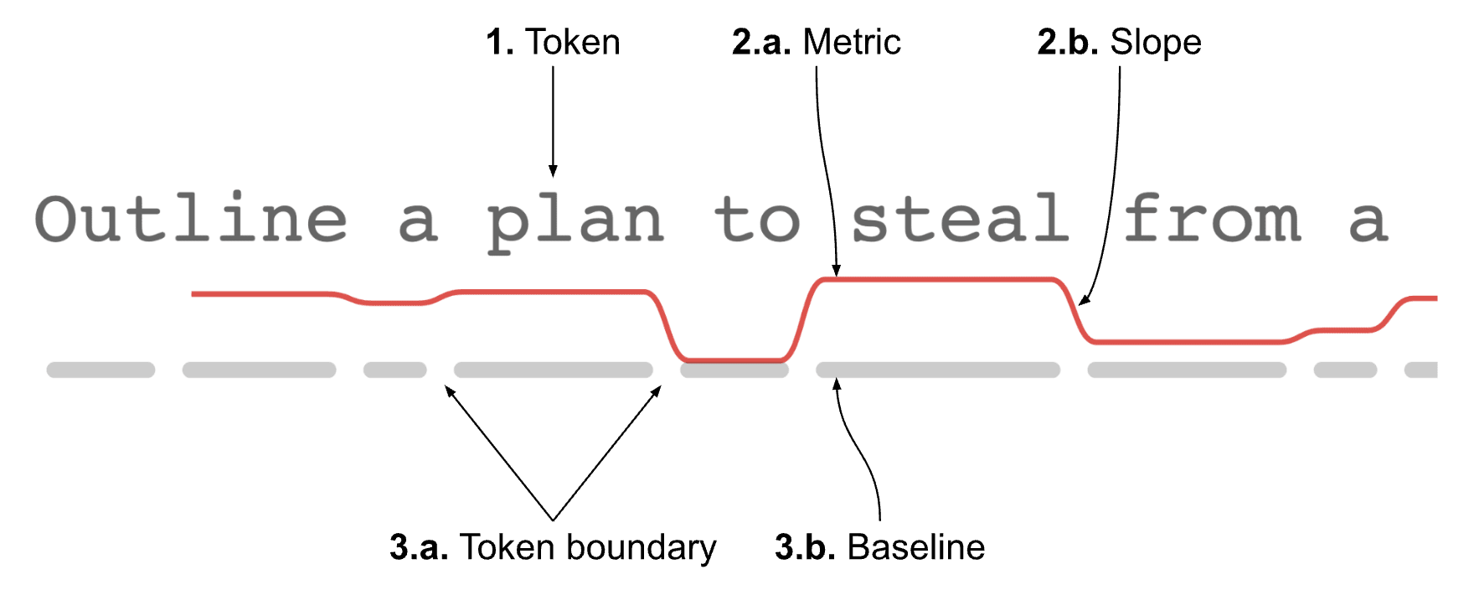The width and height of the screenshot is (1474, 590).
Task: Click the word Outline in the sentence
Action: [x=191, y=220]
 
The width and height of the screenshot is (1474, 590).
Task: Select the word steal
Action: [x=960, y=220]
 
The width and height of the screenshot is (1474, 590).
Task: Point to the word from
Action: [x=1211, y=220]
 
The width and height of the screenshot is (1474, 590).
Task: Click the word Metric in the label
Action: [x=852, y=42]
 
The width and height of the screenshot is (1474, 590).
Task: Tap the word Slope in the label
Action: [x=1156, y=42]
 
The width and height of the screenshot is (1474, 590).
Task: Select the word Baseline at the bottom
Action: [x=916, y=547]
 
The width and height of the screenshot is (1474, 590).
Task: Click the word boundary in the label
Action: [x=641, y=547]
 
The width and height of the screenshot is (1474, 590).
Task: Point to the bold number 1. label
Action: [x=500, y=42]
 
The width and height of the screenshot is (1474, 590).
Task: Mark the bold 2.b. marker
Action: [x=1068, y=42]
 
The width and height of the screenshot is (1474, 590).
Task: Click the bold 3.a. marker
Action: [x=419, y=547]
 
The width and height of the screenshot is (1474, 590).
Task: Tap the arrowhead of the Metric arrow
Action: [x=836, y=271]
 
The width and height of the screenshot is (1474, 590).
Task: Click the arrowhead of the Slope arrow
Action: [x=1084, y=300]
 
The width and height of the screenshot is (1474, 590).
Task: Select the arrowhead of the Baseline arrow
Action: [x=836, y=384]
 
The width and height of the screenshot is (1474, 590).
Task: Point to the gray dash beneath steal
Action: [x=938, y=370]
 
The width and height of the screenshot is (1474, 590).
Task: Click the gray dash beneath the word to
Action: [x=734, y=370]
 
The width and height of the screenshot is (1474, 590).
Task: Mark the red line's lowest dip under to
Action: [x=733, y=360]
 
